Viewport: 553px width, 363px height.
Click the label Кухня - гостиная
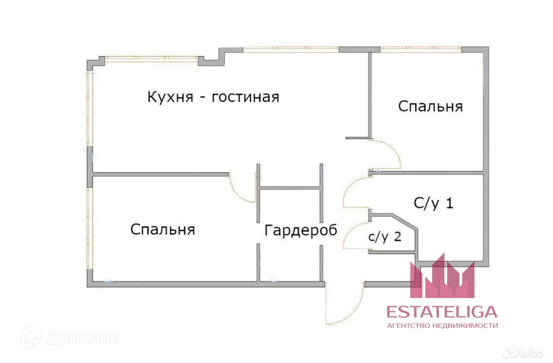[x=213, y=97]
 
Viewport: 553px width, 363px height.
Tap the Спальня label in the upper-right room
[x=430, y=106]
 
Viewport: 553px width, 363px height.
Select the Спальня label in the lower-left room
[x=162, y=229]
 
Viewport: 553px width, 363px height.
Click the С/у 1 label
[x=433, y=203]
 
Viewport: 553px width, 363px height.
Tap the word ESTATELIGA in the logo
[x=442, y=312]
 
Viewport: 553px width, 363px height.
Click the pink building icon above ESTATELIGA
[x=442, y=279]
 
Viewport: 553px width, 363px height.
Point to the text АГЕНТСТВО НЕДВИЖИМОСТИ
[x=442, y=325]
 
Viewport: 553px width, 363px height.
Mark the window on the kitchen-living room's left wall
[x=89, y=108]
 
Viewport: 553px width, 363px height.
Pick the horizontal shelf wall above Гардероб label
[x=290, y=188]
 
